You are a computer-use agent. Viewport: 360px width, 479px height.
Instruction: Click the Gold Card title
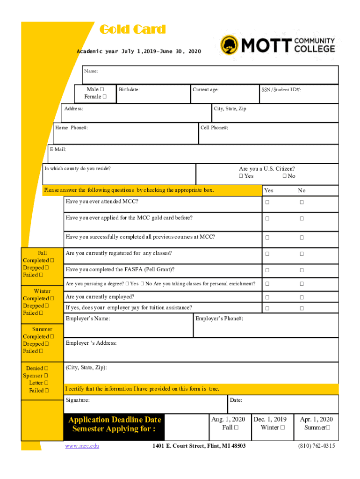point(133,30)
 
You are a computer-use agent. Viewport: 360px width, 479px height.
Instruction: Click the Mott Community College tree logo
point(230,45)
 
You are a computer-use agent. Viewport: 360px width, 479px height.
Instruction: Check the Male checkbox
point(101,89)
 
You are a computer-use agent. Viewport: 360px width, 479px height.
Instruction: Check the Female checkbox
point(104,97)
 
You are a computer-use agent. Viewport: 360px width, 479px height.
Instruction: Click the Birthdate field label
point(129,89)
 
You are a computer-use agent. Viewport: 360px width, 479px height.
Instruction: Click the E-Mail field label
point(58,150)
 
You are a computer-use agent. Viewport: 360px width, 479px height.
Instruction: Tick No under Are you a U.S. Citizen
point(284,176)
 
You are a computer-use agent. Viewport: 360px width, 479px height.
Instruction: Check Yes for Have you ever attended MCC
point(268,202)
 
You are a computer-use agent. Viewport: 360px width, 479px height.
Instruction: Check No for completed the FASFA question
point(302,270)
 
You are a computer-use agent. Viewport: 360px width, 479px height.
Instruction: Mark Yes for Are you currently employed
point(268,298)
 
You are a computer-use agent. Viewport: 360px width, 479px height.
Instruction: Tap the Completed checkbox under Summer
point(51,336)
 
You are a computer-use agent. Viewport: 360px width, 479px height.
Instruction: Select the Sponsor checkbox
point(46,376)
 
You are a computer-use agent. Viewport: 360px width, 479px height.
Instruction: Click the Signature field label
point(78,400)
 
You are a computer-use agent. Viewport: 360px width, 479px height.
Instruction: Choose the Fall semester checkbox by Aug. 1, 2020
point(236,428)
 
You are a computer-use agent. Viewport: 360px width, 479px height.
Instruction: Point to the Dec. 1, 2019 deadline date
point(270,419)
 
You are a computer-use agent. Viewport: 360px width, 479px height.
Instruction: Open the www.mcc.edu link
point(82,446)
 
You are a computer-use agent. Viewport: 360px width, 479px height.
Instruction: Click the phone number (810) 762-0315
point(317,446)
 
